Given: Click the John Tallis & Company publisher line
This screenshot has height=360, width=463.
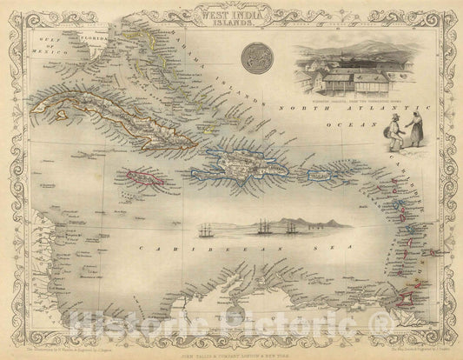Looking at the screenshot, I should click(231, 349).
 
